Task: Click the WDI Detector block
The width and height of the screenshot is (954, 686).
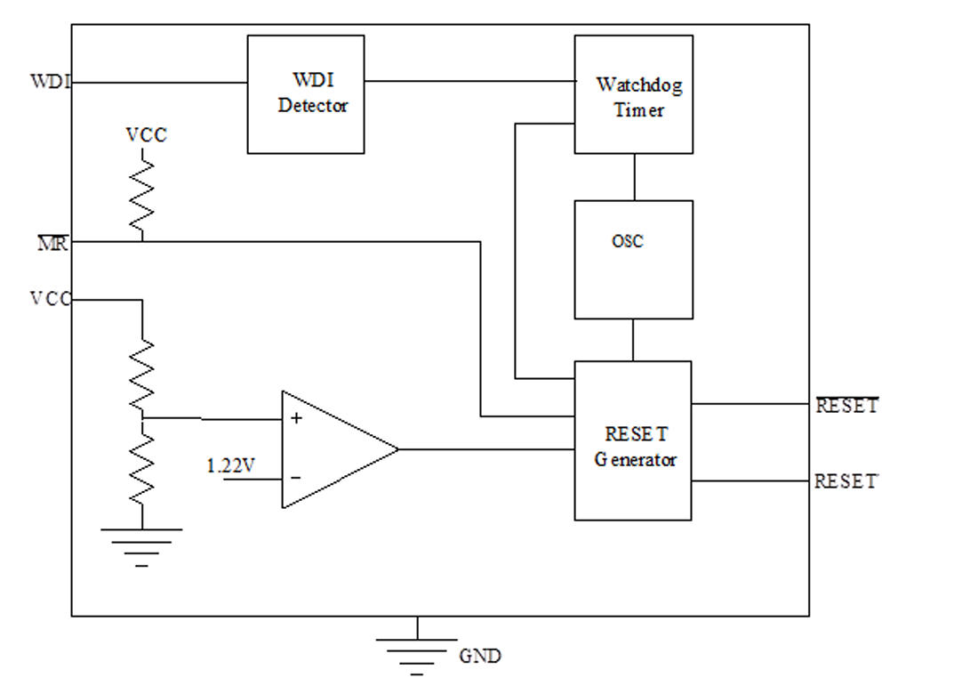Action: [x=306, y=94]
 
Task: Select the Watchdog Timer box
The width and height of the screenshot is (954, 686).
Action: [x=633, y=94]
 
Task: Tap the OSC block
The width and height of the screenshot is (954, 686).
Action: [x=633, y=260]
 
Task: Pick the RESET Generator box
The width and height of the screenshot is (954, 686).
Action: [x=633, y=440]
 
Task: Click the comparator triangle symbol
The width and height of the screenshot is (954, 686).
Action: [x=340, y=450]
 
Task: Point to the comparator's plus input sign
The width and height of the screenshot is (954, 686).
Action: [x=296, y=418]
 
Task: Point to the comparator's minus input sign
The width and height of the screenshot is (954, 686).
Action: [x=296, y=478]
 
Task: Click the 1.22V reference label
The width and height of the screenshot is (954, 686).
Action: [x=230, y=465]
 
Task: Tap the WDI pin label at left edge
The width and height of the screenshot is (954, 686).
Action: [x=51, y=81]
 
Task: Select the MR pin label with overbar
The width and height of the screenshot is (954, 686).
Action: [x=53, y=242]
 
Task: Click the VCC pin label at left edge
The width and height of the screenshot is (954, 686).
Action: [x=51, y=299]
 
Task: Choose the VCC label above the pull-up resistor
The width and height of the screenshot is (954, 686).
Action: [x=146, y=135]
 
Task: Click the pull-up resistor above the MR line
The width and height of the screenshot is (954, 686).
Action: [x=141, y=195]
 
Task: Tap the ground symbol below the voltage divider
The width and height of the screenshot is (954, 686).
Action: [x=141, y=547]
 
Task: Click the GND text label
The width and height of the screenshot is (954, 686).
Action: [x=480, y=656]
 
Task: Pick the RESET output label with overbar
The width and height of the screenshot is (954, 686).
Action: [x=847, y=404]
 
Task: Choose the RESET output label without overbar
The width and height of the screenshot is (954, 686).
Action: [x=846, y=481]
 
